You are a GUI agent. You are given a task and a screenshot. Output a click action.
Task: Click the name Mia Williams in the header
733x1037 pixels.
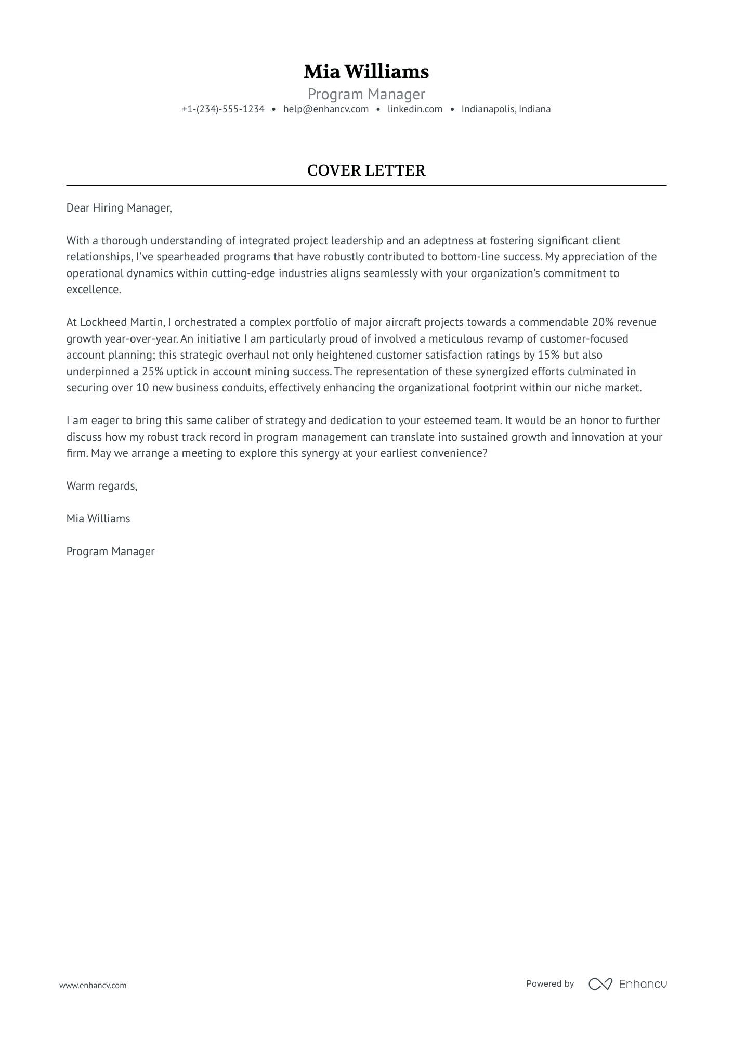(x=366, y=72)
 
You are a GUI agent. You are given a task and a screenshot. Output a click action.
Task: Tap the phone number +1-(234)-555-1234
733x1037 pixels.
(x=223, y=109)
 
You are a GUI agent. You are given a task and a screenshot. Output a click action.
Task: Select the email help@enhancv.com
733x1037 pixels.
(x=326, y=109)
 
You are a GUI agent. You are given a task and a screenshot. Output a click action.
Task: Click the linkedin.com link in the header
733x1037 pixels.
(x=415, y=109)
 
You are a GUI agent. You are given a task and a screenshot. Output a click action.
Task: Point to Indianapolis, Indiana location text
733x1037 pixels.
(x=506, y=109)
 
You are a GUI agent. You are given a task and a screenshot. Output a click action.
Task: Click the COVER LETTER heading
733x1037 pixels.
(x=366, y=170)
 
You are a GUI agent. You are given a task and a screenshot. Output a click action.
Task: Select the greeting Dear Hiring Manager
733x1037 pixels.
(x=119, y=208)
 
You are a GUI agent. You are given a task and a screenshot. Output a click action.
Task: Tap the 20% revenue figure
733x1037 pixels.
(x=603, y=322)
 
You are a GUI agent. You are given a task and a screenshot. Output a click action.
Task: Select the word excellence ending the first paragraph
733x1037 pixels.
(x=93, y=290)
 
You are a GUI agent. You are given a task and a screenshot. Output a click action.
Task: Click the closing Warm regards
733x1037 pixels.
(x=101, y=486)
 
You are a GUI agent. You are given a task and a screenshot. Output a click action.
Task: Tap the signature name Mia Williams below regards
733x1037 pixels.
(x=98, y=519)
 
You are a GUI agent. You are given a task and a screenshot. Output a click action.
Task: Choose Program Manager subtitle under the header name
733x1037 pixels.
(x=366, y=94)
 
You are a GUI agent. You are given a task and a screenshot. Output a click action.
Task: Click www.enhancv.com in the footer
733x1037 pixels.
(x=93, y=985)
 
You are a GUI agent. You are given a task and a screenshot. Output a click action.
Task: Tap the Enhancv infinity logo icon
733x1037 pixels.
(x=600, y=983)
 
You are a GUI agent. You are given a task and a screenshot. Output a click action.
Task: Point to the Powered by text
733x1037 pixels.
(x=549, y=983)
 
